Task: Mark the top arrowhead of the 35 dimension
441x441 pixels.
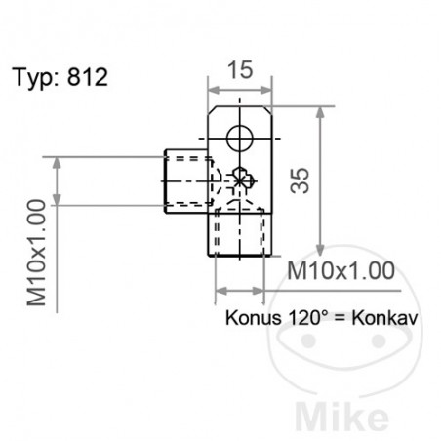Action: click(319, 113)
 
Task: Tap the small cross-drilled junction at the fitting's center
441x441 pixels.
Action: click(242, 179)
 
